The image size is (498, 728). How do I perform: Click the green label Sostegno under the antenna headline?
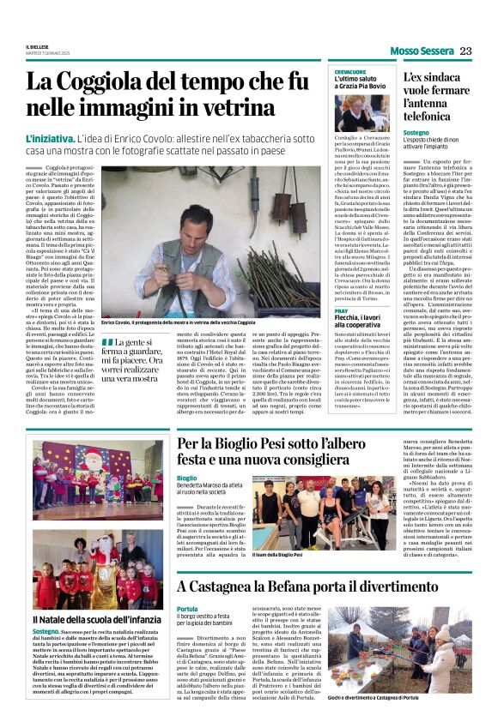(416, 135)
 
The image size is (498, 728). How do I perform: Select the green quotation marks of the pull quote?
(107, 342)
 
